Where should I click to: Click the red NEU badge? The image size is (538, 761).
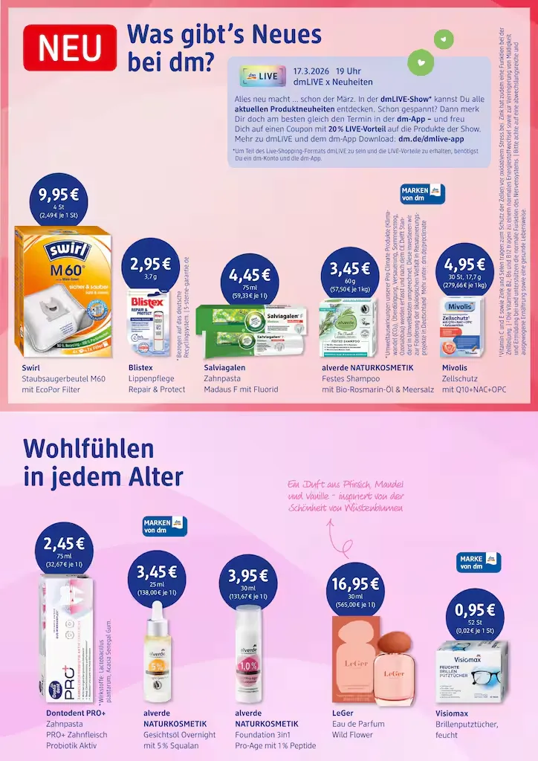tap(70, 48)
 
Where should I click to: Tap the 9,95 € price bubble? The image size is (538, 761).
tap(59, 201)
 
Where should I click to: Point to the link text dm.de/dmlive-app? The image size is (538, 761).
tap(431, 138)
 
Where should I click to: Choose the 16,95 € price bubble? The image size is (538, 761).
tap(355, 588)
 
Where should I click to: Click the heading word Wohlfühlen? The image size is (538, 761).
tap(89, 449)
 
